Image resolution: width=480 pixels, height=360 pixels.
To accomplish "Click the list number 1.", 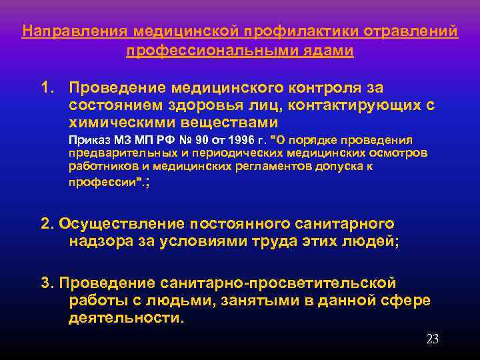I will coord(46,88).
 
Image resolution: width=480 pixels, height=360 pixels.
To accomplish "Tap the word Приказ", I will coord(91,141).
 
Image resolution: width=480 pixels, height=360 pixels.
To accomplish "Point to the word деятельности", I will coord(125,317).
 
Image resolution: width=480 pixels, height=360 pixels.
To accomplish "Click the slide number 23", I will coord(432,339).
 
